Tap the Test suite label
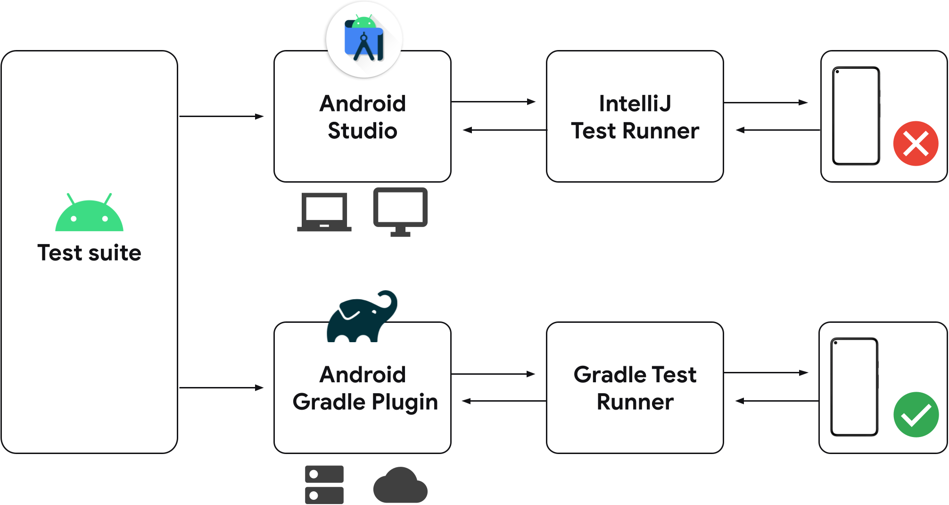pos(89,253)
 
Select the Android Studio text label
pos(363,117)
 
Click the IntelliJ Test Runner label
pos(635,117)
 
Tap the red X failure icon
pos(916,143)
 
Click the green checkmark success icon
pos(916,415)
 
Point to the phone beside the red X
pos(856,116)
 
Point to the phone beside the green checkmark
pos(854,387)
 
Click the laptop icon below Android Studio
pos(324,212)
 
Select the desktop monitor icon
pos(400,211)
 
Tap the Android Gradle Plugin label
pos(365,388)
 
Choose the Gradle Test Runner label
pos(635,388)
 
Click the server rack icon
pos(324,485)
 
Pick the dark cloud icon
pos(400,486)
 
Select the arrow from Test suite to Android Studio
pos(221,116)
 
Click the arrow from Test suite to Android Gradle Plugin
pos(221,387)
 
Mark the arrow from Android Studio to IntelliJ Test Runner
pos(493,101)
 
